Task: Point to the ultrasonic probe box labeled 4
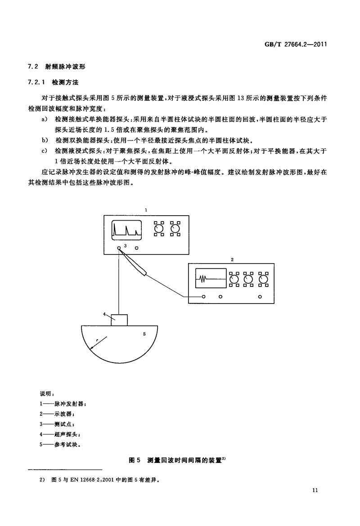pos(119,319)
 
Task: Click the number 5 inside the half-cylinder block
pos(144,334)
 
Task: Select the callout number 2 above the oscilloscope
pos(231,260)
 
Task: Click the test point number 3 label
pos(126,246)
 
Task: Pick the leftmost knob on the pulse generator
pos(158,230)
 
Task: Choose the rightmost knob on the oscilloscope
pos(264,280)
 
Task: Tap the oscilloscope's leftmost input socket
pos(204,297)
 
